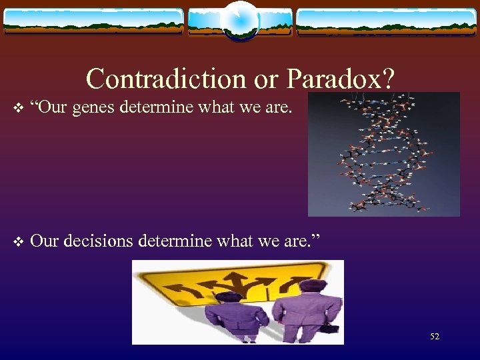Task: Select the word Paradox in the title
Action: tap(337, 79)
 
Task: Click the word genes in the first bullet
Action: tap(95, 107)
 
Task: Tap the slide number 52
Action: tap(434, 337)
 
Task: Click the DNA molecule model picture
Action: tap(383, 153)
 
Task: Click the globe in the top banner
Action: tap(239, 21)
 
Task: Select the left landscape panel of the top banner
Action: tap(93, 21)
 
